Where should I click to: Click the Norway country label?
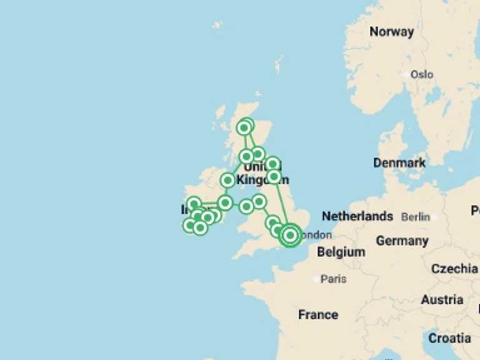tap(391, 32)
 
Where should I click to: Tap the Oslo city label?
tap(422, 74)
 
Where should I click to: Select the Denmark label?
tap(399, 162)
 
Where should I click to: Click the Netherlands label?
tap(357, 216)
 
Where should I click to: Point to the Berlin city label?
tap(416, 217)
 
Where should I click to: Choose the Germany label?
tap(402, 241)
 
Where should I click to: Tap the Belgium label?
tap(341, 252)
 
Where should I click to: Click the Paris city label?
tap(334, 279)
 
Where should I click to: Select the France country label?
tap(318, 314)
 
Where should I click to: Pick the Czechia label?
tap(454, 269)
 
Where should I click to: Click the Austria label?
tap(442, 300)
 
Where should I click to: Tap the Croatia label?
tap(449, 338)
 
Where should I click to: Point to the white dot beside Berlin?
tap(434, 217)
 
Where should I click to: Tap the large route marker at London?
tap(289, 235)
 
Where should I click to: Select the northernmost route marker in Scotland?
tap(247, 124)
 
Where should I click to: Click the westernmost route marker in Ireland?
tap(189, 225)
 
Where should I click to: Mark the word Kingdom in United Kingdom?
tap(262, 179)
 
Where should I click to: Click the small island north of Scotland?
tap(279, 64)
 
